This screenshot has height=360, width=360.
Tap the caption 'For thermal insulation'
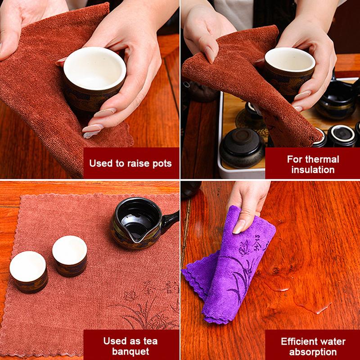point(313,164)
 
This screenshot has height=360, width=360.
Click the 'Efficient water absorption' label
point(313,346)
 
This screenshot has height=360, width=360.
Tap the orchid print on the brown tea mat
point(144,310)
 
